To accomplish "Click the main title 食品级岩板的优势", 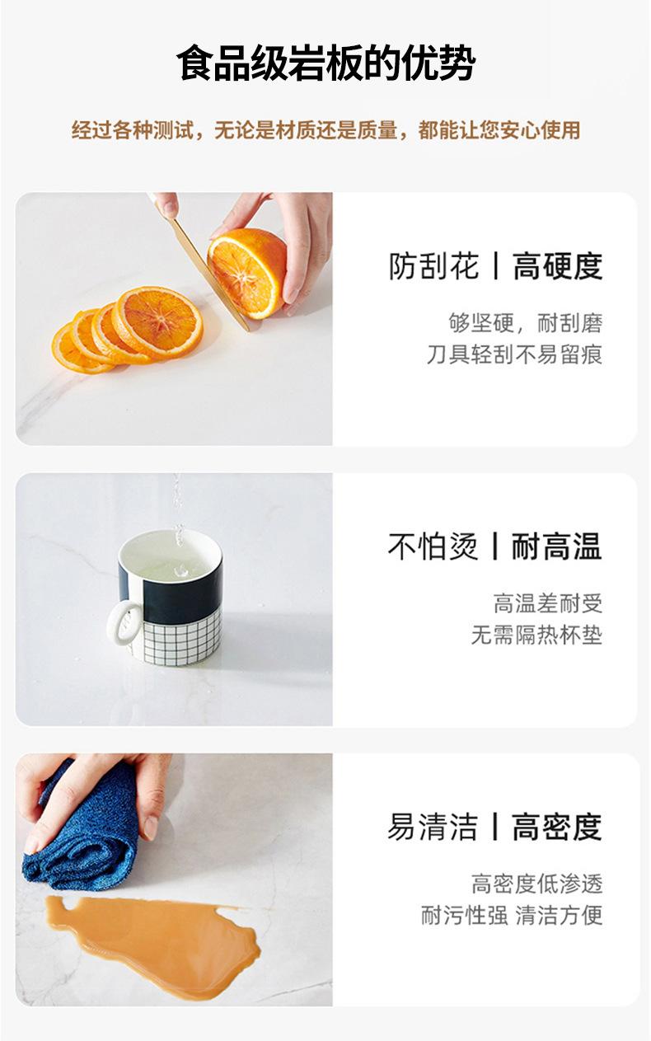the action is pos(325,63).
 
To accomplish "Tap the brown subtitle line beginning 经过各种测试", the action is pos(325,130).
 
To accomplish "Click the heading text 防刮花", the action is pos(433,266).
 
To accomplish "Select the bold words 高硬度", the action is pos(558,266).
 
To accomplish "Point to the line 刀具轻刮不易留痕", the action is pos(515,354).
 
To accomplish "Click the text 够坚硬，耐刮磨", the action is pos(526,323).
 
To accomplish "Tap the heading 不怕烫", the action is pos(433,546).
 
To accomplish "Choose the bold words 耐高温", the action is pos(557,546).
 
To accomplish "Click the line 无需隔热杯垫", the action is pos(536,635).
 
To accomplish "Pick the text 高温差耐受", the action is pos(548,603).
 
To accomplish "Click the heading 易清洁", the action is pos(433,827).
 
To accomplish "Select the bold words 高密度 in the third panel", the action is pos(557,827).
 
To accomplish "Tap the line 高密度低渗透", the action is pos(536,884).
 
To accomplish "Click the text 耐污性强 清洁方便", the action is pos(512,916).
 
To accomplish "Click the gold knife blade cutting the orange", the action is pos(209,274).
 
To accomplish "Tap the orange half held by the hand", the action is pos(246,272).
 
